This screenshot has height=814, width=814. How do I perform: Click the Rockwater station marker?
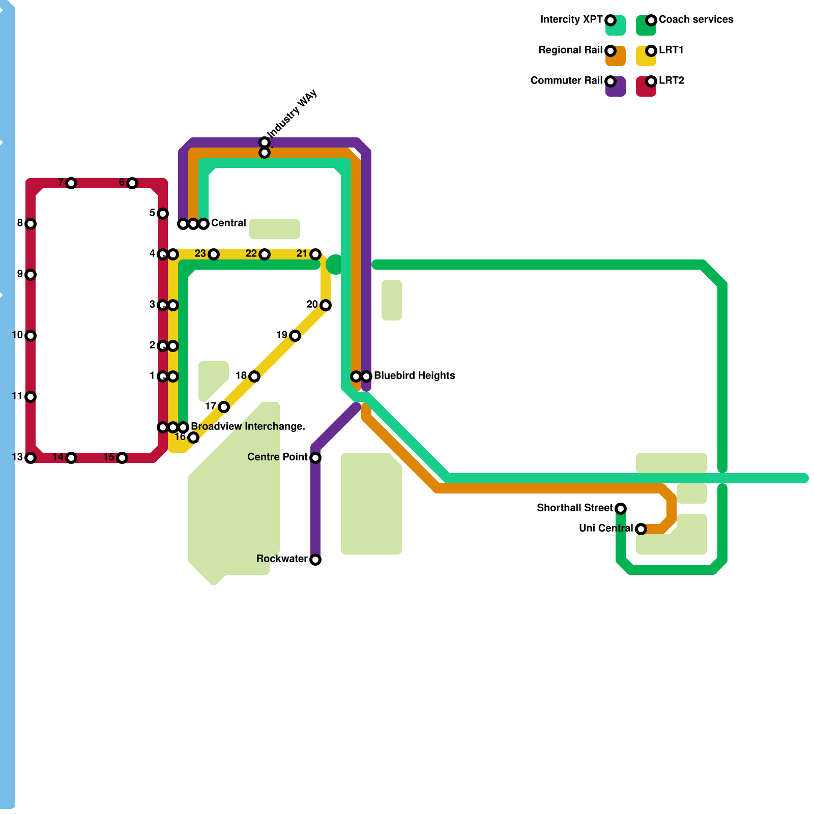(x=315, y=560)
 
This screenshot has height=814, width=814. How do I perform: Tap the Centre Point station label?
(x=277, y=457)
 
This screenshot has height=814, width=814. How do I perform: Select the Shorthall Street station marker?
(x=621, y=509)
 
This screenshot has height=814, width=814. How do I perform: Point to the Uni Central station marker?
(x=641, y=529)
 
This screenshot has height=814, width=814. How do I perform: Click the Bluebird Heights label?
(x=414, y=375)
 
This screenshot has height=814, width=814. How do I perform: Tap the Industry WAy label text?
(x=293, y=113)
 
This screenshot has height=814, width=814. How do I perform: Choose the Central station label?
(x=228, y=223)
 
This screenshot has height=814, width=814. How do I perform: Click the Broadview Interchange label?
(x=248, y=426)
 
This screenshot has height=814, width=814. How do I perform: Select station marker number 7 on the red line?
(x=71, y=183)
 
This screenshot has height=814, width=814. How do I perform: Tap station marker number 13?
(x=31, y=458)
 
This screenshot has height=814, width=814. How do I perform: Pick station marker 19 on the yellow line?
(x=295, y=336)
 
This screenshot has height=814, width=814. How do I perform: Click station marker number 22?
(x=265, y=254)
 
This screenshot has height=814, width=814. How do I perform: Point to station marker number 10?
(x=31, y=336)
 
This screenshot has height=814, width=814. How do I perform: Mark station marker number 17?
(x=224, y=407)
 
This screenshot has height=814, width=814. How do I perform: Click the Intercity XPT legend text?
(x=571, y=19)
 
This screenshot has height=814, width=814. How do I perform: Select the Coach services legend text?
(x=696, y=19)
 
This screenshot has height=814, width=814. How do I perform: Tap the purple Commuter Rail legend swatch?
(x=616, y=86)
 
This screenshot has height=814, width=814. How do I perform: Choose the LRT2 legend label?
(x=672, y=80)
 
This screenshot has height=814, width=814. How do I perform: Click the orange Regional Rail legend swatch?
(x=616, y=56)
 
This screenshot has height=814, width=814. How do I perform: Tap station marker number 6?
(x=132, y=183)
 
